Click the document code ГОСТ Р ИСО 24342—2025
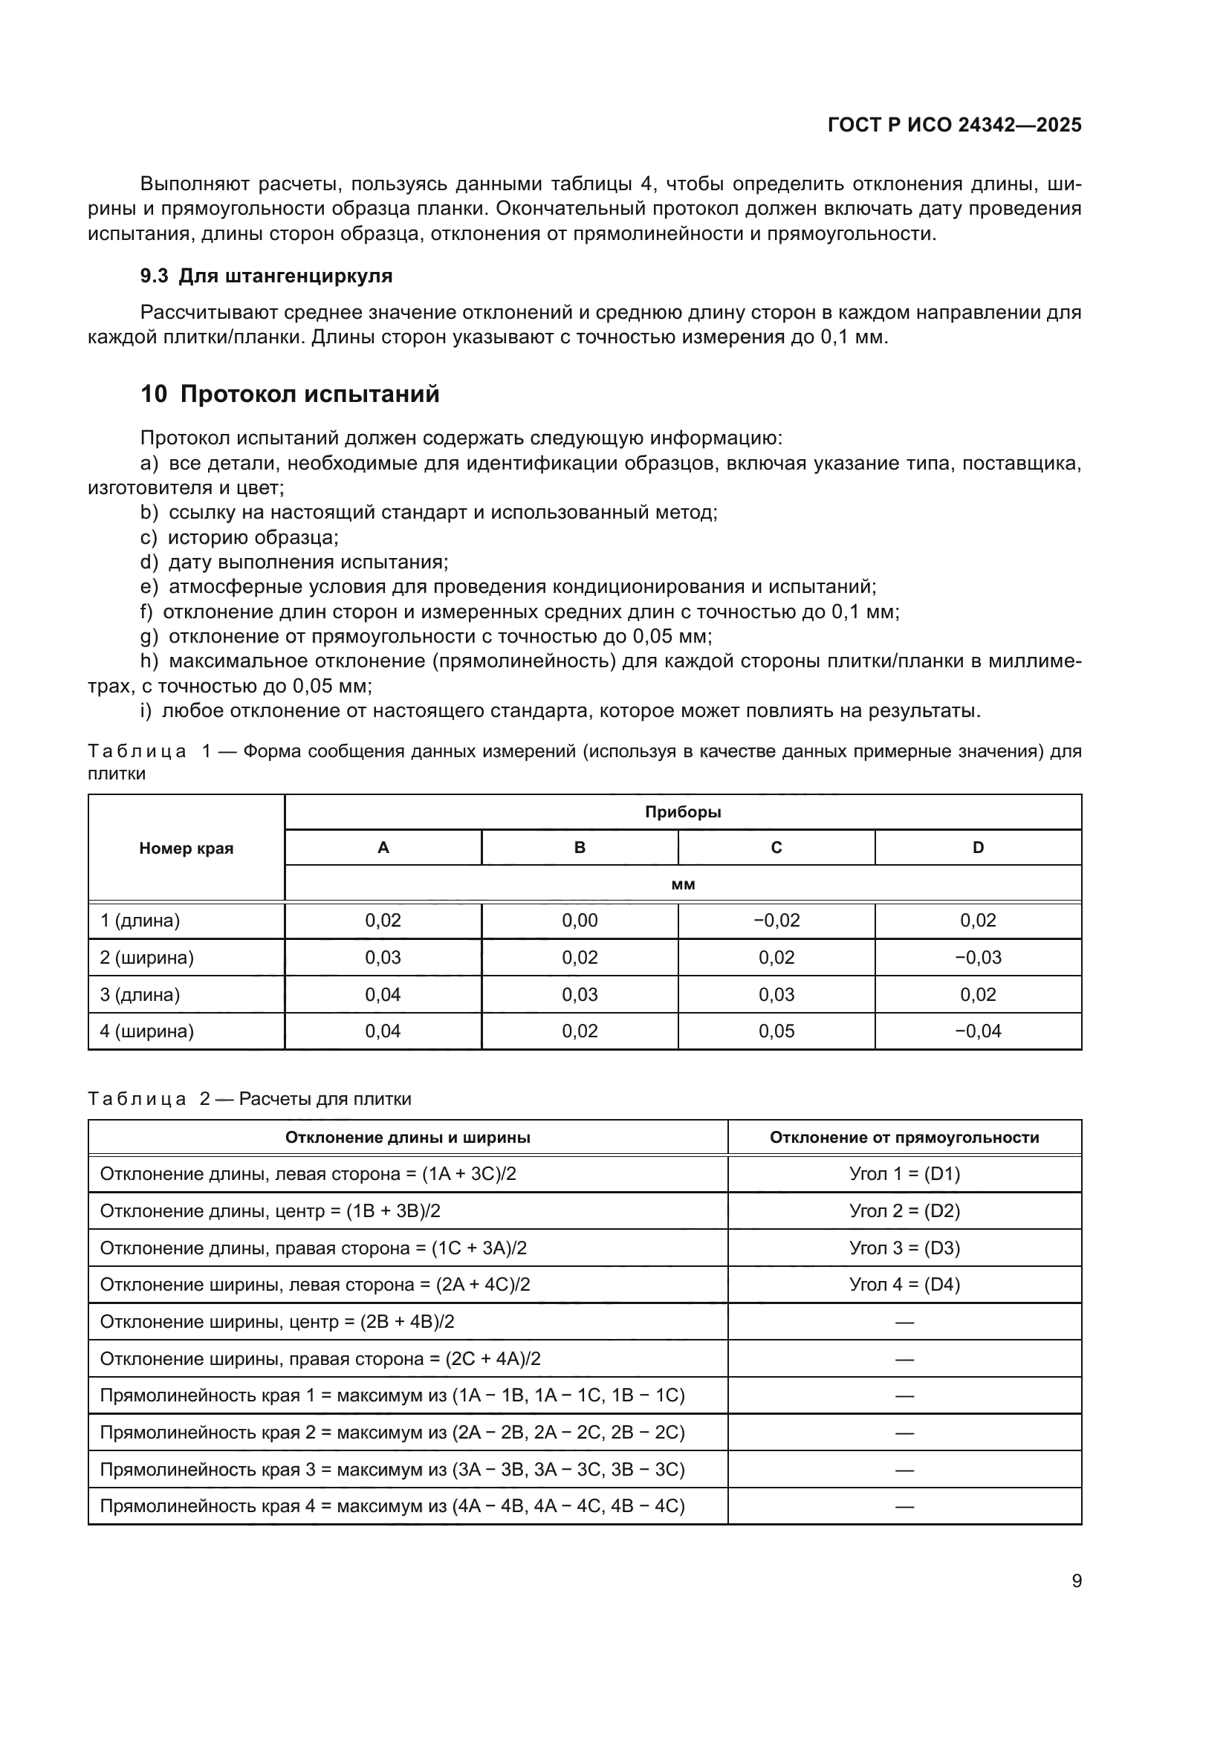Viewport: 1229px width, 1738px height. click(x=954, y=125)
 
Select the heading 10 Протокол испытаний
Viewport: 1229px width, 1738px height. click(x=290, y=395)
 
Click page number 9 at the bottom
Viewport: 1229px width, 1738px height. click(x=1076, y=1580)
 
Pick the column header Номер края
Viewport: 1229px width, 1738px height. click(x=187, y=849)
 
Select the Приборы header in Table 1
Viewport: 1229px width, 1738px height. click(x=683, y=812)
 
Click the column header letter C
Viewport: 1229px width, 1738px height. click(x=776, y=848)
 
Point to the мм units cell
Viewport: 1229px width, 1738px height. click(x=683, y=884)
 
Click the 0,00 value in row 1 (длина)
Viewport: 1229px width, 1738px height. click(x=580, y=921)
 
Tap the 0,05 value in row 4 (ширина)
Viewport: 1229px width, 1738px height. click(x=776, y=1031)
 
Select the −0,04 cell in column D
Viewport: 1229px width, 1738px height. click(x=978, y=1031)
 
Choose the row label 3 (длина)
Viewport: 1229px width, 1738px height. click(x=140, y=995)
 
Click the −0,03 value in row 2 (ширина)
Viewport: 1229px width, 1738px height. click(x=978, y=958)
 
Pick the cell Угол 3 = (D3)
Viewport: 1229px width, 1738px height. click(x=904, y=1248)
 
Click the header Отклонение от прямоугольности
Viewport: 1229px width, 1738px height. click(x=904, y=1138)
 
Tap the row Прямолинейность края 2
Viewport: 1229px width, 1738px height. click(x=392, y=1432)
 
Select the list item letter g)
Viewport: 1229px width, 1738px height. click(x=149, y=637)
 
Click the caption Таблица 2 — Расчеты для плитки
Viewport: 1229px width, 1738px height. click(x=250, y=1099)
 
